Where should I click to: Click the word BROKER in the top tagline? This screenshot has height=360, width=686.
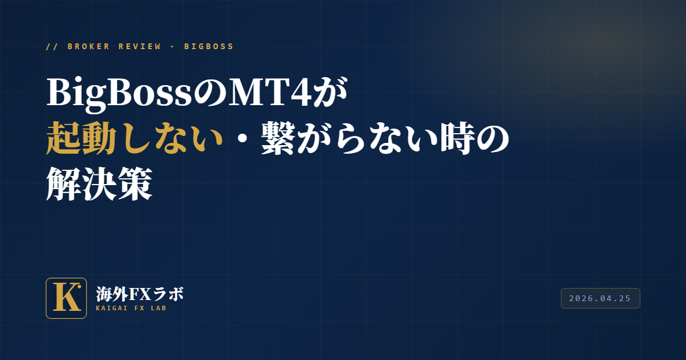click(88, 46)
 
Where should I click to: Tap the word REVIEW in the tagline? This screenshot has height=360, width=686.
click(139, 46)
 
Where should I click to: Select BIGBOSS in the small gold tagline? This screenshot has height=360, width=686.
click(209, 46)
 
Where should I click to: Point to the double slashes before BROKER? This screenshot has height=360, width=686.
click(52, 46)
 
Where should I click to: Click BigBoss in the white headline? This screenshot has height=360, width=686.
click(119, 93)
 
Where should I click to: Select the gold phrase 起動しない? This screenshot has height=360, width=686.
click(134, 138)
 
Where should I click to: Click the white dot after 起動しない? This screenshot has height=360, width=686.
click(242, 138)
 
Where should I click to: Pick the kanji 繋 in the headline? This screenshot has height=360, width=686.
click(278, 138)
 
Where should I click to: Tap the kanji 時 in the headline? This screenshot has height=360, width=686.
click(457, 138)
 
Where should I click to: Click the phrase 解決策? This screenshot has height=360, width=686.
click(99, 183)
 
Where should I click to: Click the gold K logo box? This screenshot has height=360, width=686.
click(66, 298)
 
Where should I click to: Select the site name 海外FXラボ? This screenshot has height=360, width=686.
click(139, 294)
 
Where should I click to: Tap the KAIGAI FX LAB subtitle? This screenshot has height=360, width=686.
click(131, 308)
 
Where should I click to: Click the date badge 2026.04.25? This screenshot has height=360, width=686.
click(600, 298)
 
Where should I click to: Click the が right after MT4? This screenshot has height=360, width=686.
click(330, 92)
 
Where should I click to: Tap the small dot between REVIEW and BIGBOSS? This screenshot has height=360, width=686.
click(172, 47)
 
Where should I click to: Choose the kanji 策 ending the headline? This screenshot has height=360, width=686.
click(135, 183)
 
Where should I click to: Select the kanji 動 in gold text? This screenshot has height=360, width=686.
click(98, 138)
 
